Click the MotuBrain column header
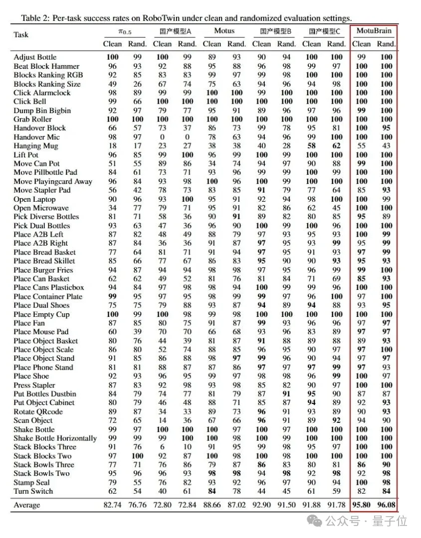[374, 31]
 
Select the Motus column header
[224, 31]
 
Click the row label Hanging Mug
[36, 146]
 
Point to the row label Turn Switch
[33, 491]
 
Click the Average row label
[27, 505]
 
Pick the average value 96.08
[386, 505]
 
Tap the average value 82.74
[112, 505]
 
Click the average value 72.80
[162, 505]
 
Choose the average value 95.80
[361, 505]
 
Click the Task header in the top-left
[21, 34]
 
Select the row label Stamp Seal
[32, 482]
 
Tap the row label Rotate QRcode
[38, 411]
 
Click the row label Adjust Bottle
[35, 57]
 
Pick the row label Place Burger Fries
[43, 270]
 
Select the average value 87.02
[236, 505]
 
